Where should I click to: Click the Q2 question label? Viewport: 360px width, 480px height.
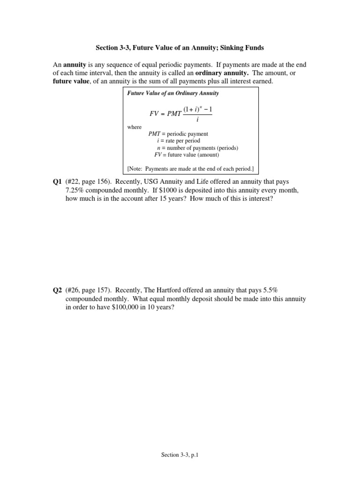(x=58, y=291)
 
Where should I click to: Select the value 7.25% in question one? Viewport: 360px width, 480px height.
(x=77, y=191)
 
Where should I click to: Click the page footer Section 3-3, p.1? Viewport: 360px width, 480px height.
(x=180, y=455)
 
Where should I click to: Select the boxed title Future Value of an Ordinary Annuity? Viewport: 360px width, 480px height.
(x=173, y=93)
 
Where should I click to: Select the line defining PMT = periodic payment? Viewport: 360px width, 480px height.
(x=178, y=134)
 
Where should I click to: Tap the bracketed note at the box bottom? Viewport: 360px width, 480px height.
(x=190, y=168)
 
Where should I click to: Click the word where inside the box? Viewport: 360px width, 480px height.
(x=134, y=127)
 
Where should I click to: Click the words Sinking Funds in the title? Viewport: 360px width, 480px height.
(x=241, y=47)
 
